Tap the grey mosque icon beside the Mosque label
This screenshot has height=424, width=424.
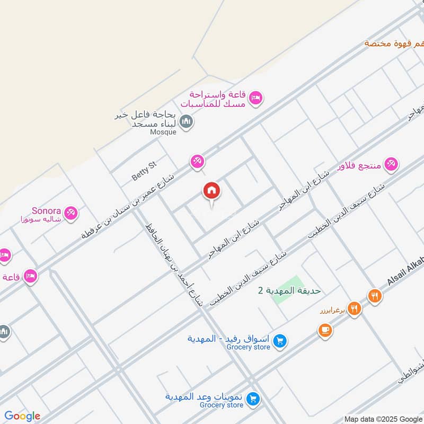185,123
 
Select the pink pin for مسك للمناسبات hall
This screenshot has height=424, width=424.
257,98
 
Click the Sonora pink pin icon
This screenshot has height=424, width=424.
72,213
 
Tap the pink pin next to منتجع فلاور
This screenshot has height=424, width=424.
391,164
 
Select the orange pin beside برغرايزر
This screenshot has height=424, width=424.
354,308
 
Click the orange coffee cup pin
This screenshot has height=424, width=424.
325,330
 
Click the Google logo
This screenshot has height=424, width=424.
22,416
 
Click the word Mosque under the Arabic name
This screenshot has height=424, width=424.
162,132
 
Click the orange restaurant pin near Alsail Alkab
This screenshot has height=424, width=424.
375,296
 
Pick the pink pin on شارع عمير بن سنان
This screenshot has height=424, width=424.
197,161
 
